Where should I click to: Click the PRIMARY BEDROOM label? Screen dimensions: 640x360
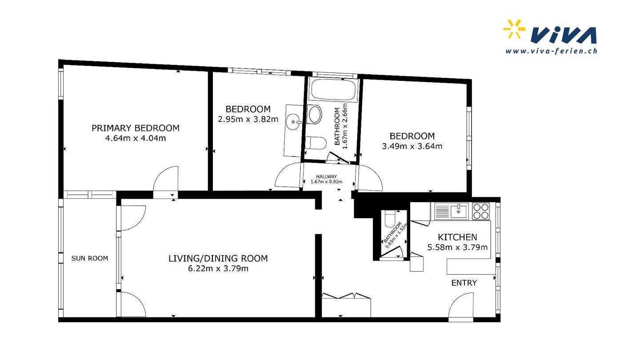pos(136,128)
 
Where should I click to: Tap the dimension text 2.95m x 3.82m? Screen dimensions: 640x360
pos(248,119)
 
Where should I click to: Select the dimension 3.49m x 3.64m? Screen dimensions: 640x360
pos(412,146)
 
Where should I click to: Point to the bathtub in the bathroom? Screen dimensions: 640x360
pos(333,90)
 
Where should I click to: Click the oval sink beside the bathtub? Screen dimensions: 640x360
pos(314,114)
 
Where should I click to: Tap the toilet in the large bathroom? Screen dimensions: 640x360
pos(316,143)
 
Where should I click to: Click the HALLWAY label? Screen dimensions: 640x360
pos(326,176)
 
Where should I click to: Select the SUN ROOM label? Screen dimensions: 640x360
pos(90,258)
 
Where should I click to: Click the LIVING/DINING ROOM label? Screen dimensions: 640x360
pos(218,258)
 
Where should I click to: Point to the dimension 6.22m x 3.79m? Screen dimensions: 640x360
pos(218,268)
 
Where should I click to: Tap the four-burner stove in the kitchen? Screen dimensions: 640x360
pos(481,211)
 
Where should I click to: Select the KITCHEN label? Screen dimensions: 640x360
pos(457,237)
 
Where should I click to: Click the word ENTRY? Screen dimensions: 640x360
pos(464,283)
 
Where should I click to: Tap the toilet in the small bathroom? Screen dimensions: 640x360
pos(390,219)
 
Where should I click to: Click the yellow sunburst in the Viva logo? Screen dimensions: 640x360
pos(514,28)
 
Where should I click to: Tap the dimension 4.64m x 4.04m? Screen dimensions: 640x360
pos(136,138)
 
